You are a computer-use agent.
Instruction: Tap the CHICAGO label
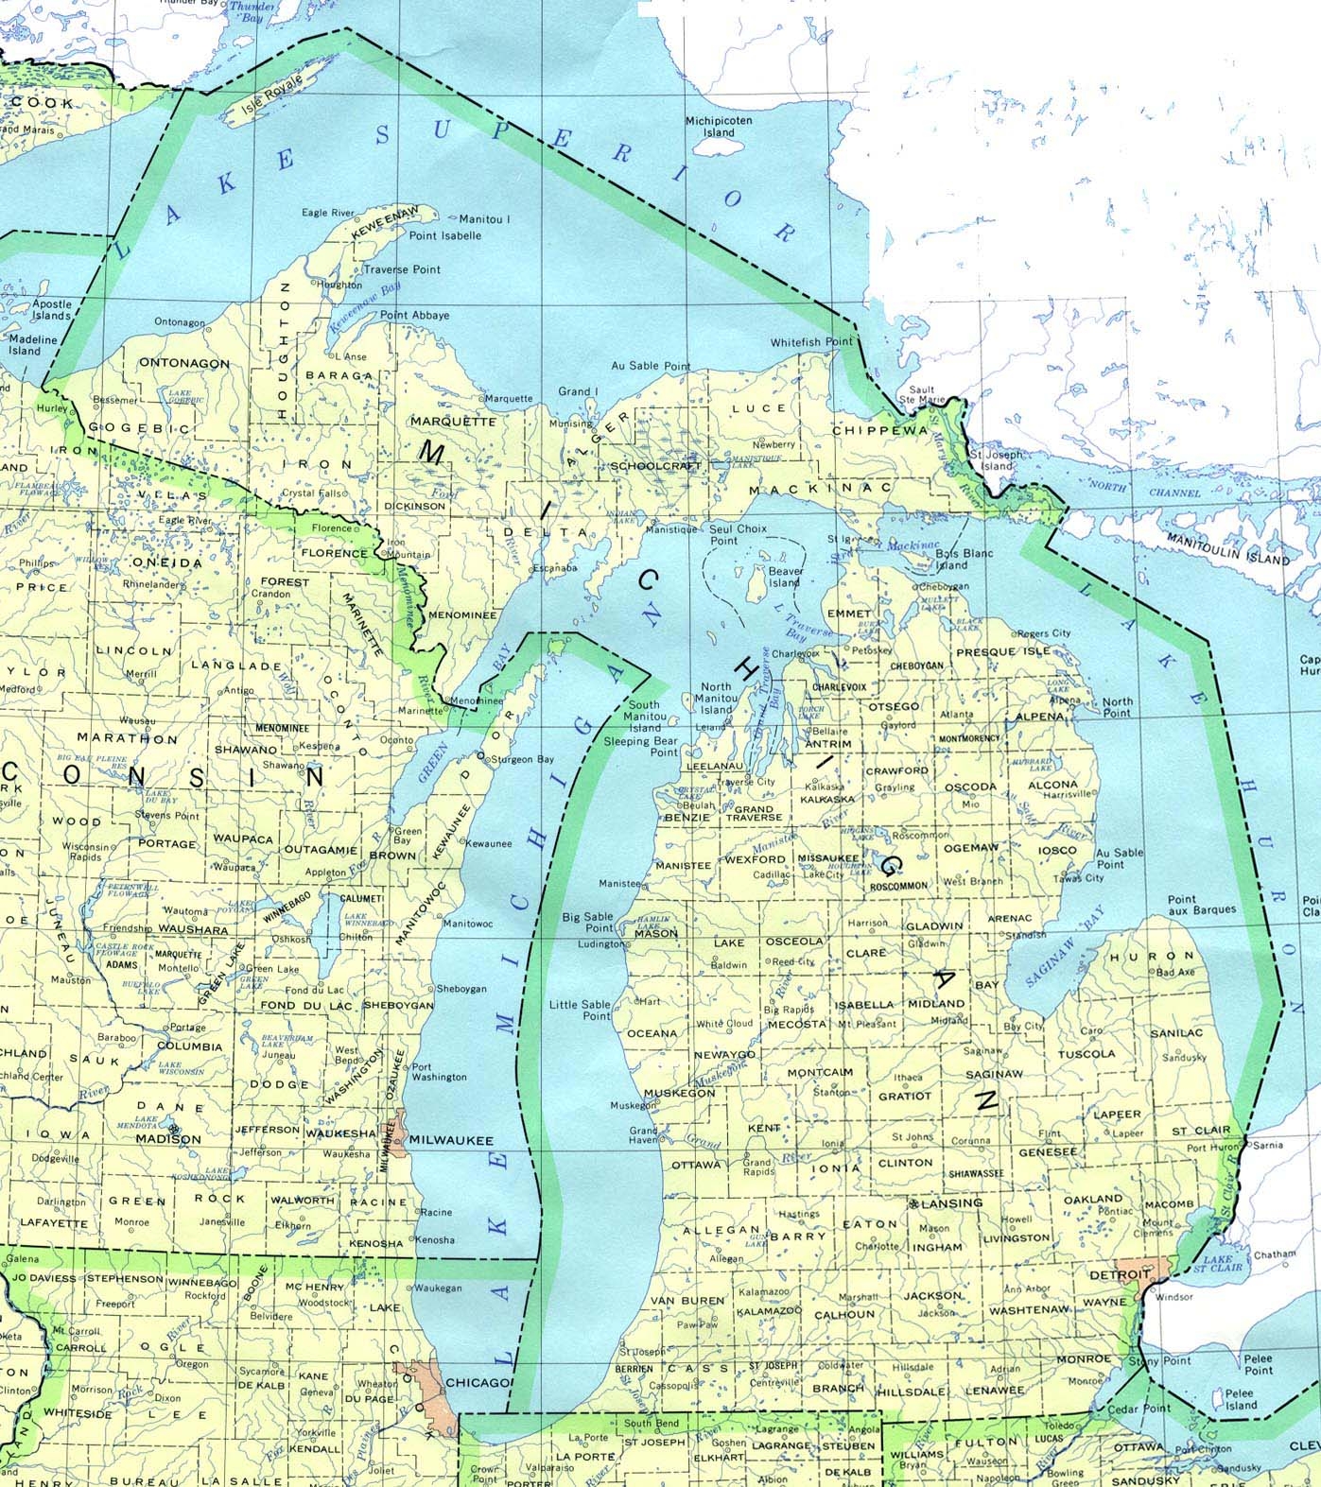[478, 1382]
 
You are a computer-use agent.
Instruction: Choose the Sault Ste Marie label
[921, 394]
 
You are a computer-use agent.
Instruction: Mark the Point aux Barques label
[1202, 905]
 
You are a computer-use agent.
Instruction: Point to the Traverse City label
[746, 783]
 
